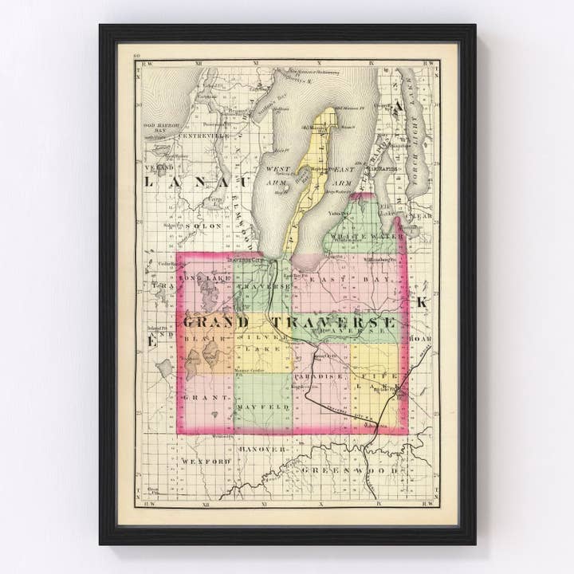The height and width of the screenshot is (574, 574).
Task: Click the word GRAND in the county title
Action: tap(215, 322)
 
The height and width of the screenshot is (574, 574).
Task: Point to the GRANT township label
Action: tap(207, 396)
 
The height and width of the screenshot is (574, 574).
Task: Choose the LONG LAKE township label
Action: tap(206, 278)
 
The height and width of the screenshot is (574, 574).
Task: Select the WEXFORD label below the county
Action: tap(205, 461)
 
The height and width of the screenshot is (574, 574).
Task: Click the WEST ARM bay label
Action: tap(279, 175)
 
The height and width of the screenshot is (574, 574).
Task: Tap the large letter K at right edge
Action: tap(423, 302)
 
